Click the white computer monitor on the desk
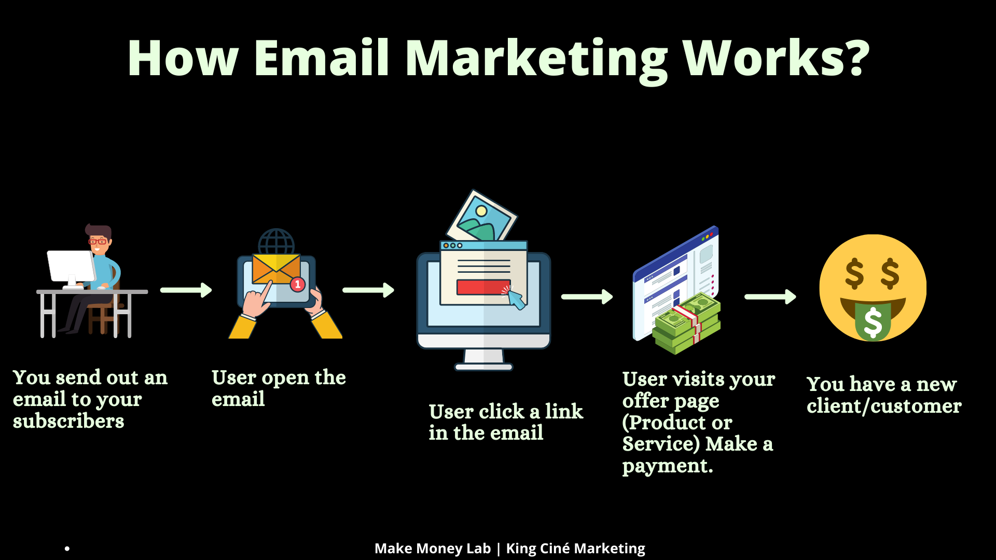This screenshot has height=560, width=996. coord(72,268)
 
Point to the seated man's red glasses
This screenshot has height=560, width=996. coord(98,241)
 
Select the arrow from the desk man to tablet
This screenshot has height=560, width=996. coord(186,290)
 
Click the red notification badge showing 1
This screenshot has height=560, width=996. coord(297,284)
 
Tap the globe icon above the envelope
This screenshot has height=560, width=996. coord(276,242)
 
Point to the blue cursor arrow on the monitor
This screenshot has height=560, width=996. coord(517,299)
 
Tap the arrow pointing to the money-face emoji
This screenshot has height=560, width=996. coord(770,297)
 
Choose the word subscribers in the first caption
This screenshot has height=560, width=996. coord(68,421)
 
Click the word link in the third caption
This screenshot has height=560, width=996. coord(564,411)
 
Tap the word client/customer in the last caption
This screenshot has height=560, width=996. coord(884,406)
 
